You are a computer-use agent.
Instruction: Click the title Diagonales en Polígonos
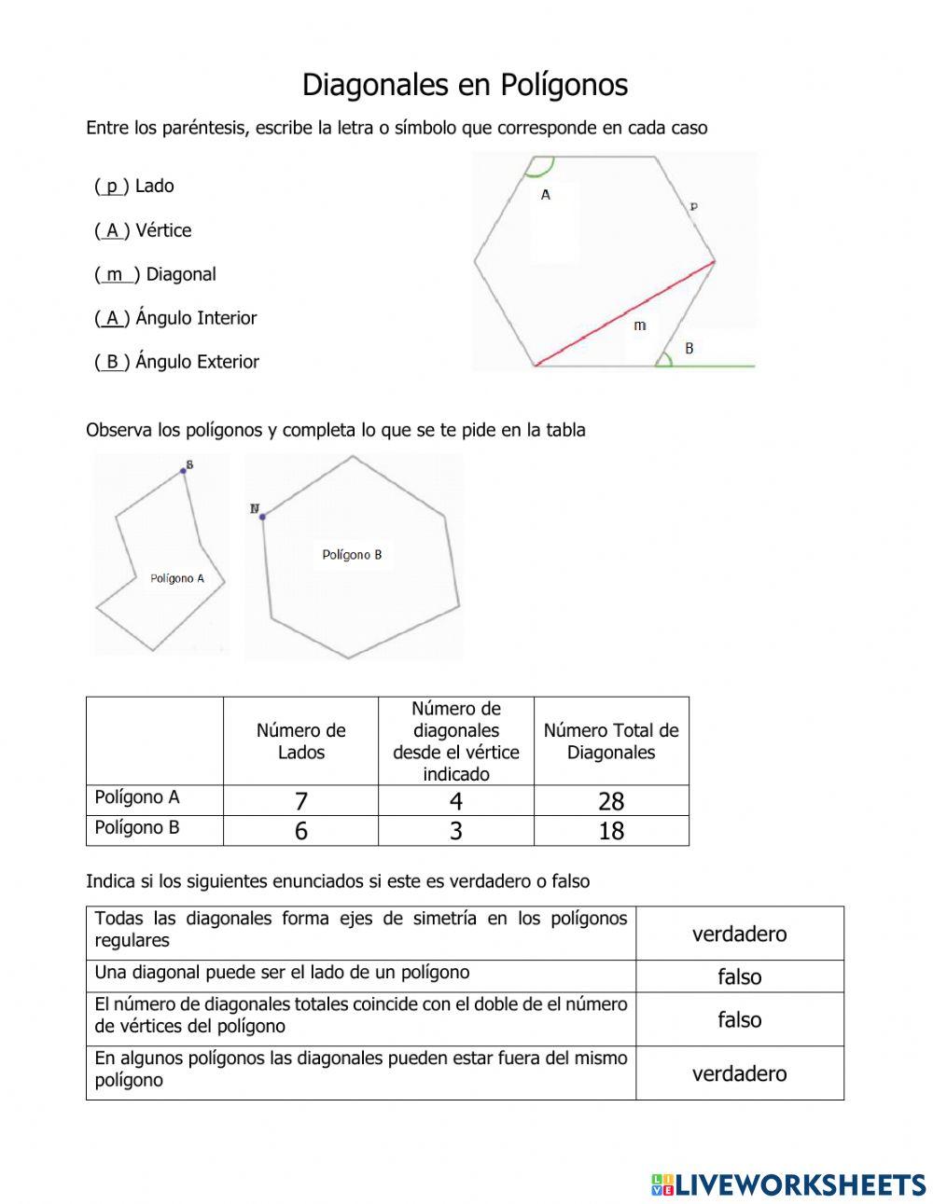[465, 85]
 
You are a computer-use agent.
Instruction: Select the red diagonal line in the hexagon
[625, 313]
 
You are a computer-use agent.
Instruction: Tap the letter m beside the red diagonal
[639, 325]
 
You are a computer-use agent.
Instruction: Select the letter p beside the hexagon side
[693, 206]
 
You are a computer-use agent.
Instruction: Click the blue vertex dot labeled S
[183, 471]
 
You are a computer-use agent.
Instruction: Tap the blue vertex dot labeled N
[263, 516]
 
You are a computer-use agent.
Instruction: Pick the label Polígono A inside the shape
[176, 578]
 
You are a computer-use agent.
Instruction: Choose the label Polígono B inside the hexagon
[352, 555]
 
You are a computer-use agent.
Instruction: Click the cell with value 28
[611, 801]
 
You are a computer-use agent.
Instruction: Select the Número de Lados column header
[300, 741]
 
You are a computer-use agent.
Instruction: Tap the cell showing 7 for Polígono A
[300, 801]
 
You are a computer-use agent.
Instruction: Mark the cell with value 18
[611, 831]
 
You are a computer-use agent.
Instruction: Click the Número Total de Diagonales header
[611, 741]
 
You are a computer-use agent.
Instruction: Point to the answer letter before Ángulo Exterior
[112, 362]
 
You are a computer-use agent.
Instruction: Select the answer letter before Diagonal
[115, 274]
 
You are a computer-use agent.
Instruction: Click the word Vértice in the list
[163, 230]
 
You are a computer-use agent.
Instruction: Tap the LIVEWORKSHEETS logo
[787, 1184]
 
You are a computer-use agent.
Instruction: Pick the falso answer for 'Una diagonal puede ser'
[739, 976]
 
